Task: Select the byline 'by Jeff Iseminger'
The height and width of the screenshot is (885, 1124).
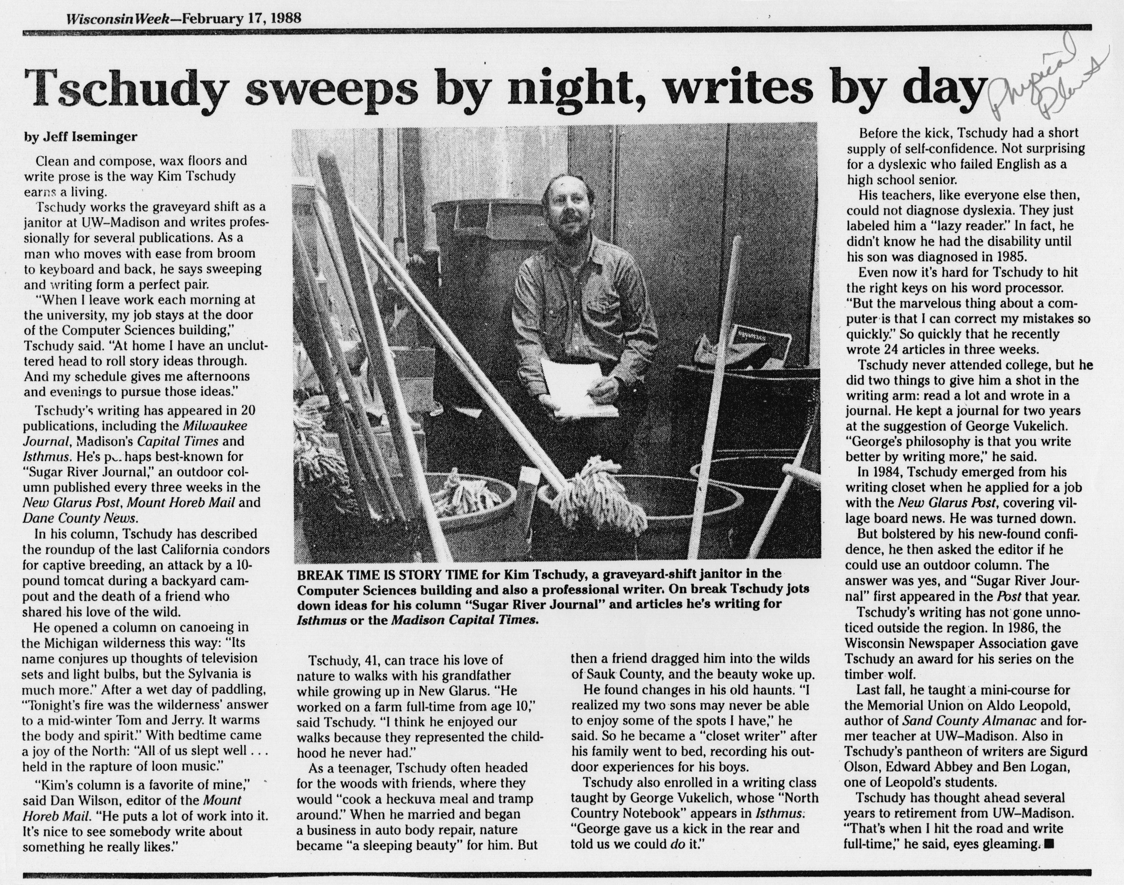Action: click(x=81, y=137)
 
